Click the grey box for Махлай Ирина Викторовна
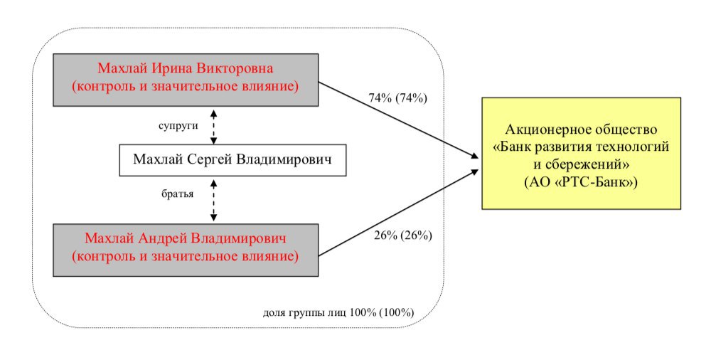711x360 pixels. click(186, 80)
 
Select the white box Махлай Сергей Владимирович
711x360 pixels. click(232, 160)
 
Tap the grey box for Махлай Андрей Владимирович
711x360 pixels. click(186, 250)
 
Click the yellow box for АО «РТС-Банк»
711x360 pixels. click(581, 153)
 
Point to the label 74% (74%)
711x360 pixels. click(397, 97)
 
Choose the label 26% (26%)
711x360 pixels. click(402, 235)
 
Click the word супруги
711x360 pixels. click(178, 126)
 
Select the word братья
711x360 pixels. click(177, 194)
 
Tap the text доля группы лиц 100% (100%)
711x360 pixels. click(338, 313)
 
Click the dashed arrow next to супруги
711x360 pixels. click(213, 127)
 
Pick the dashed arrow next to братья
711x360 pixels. click(213, 200)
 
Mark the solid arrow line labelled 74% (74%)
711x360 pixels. click(399, 120)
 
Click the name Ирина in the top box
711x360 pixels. click(172, 68)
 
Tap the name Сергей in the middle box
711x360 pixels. click(208, 159)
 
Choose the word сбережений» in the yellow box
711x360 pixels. click(587, 165)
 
